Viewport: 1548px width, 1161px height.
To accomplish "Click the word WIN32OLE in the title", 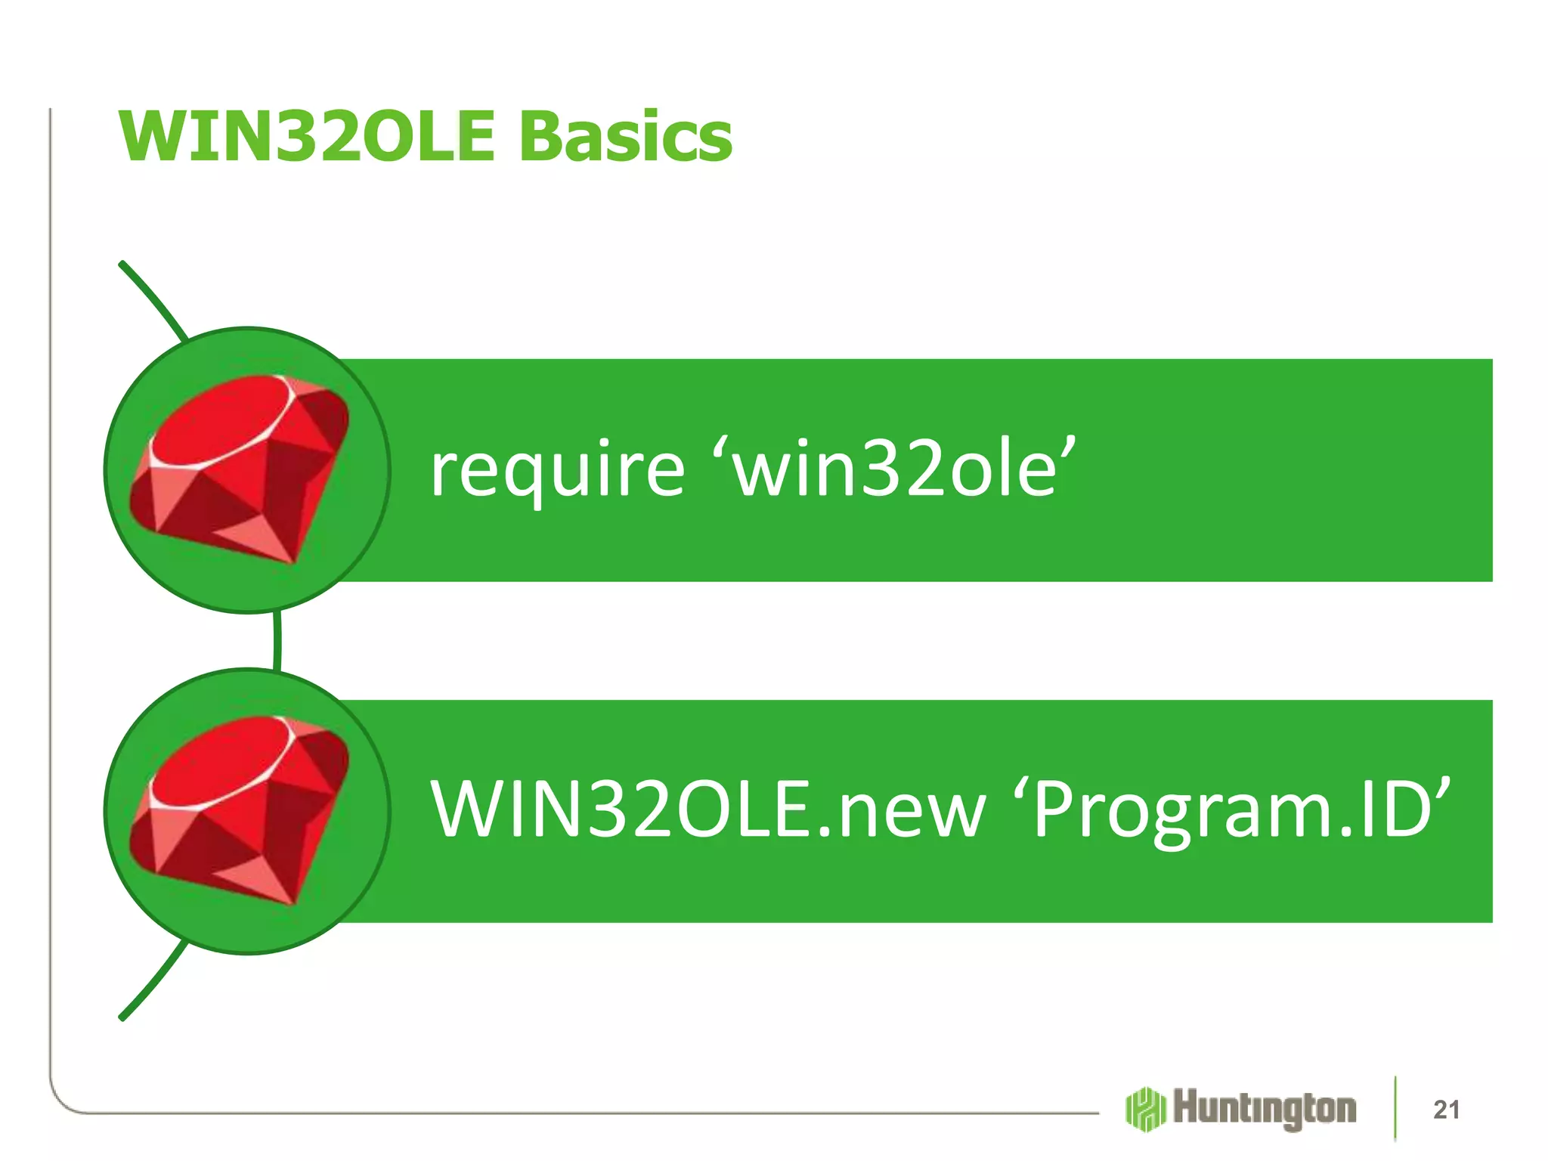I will [306, 137].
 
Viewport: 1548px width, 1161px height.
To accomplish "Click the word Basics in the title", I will [626, 137].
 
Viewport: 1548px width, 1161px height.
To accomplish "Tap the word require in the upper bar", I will [557, 471].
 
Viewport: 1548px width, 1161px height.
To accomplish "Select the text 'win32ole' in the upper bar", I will [900, 469].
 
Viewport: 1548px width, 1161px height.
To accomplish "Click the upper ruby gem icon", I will [240, 469].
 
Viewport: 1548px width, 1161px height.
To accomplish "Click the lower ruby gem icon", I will [240, 810].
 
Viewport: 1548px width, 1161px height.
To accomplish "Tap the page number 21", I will [1446, 1110].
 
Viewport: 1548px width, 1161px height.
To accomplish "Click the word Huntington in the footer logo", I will [1265, 1109].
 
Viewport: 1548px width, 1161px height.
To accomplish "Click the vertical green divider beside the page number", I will [1395, 1107].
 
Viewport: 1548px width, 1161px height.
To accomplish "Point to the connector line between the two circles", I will [277, 641].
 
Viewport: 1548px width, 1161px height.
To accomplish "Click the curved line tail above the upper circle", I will [151, 296].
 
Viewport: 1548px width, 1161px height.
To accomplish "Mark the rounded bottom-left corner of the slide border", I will [60, 1101].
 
